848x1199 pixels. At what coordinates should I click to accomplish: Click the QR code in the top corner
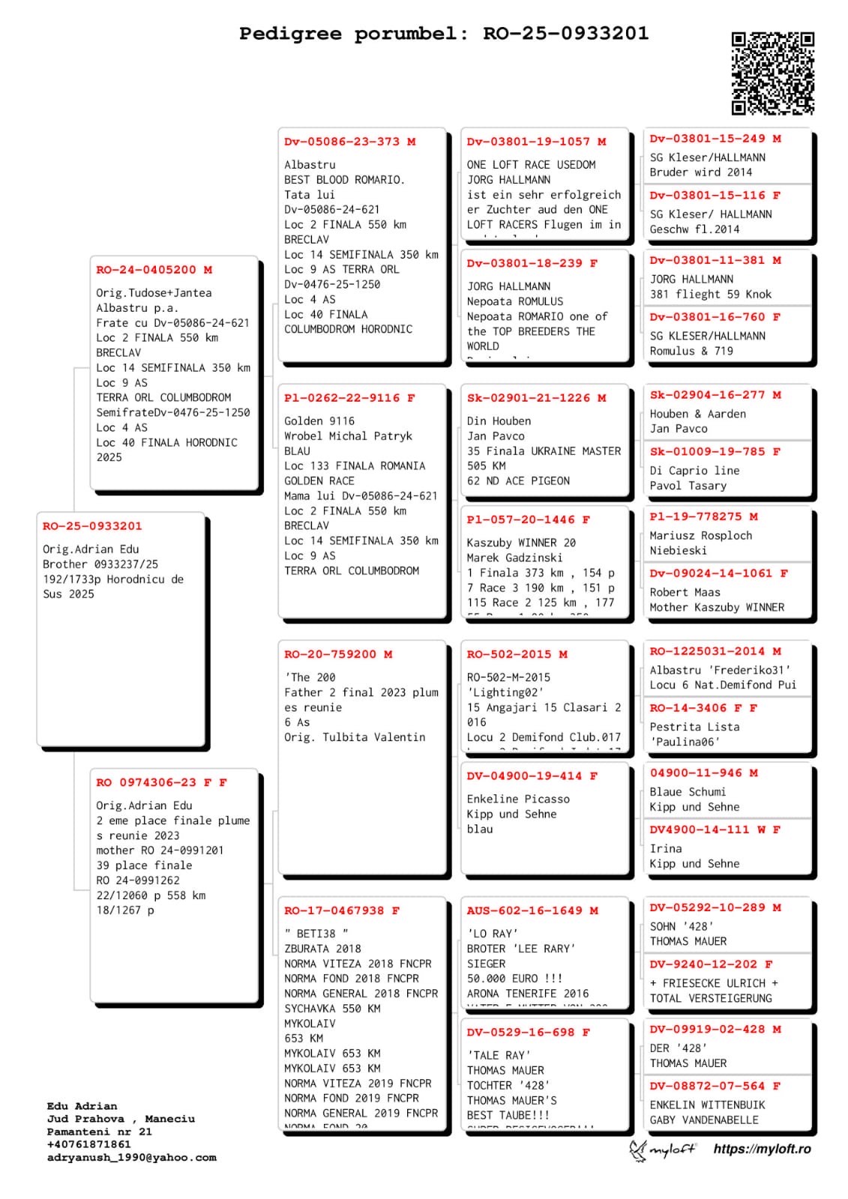(772, 73)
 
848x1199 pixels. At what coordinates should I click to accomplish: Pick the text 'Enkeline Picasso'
(518, 799)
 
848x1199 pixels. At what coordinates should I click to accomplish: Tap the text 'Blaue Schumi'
(688, 792)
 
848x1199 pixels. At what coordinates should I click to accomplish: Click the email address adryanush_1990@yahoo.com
(131, 1157)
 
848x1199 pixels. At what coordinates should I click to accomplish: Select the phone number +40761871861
(88, 1144)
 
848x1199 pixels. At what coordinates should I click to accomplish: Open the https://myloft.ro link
(762, 1149)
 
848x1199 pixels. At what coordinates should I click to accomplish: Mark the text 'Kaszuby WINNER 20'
(521, 543)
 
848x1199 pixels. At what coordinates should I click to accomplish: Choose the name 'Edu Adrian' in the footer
(82, 1106)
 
